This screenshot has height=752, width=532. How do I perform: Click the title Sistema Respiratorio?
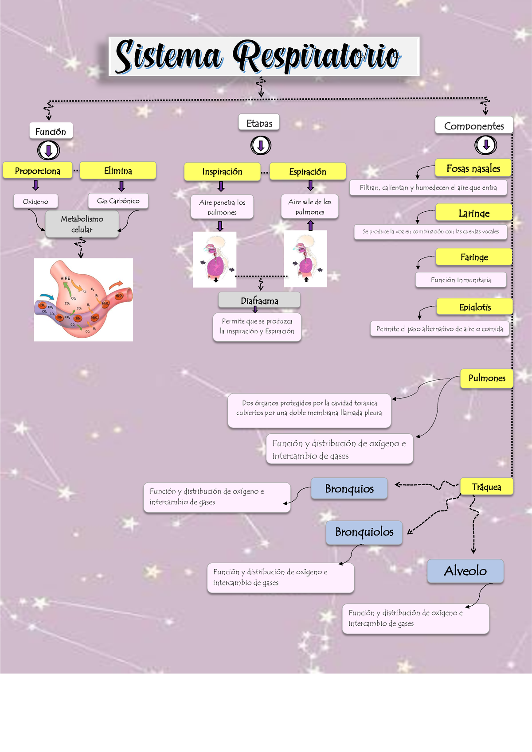coord(264,56)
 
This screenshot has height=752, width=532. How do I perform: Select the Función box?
coord(51,131)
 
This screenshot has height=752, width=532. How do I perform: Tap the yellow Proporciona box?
coord(38,171)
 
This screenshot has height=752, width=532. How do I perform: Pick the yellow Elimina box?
coord(118,171)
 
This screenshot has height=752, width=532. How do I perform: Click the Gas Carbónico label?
coord(118,201)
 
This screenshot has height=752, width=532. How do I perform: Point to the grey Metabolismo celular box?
coord(82,224)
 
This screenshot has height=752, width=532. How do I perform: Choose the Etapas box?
coord(259,123)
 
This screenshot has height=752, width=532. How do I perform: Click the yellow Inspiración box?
coord(222,171)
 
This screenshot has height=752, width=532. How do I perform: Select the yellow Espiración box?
coord(308,171)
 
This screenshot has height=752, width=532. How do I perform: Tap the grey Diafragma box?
coord(259,300)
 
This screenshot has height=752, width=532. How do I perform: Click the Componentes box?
coord(474,126)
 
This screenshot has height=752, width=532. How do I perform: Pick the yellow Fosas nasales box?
coord(473,168)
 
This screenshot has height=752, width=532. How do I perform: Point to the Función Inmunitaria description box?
coord(461,280)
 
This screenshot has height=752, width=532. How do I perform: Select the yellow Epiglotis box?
coord(475,307)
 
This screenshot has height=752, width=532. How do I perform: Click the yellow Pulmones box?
coord(487,378)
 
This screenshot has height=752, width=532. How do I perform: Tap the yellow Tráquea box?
coord(486,487)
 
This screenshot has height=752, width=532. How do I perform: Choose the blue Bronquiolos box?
coord(364,532)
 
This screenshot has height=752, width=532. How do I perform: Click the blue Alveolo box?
coord(465,571)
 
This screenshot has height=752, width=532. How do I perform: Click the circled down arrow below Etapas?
coord(261,145)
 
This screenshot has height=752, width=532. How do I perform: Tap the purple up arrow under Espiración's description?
coord(310,226)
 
